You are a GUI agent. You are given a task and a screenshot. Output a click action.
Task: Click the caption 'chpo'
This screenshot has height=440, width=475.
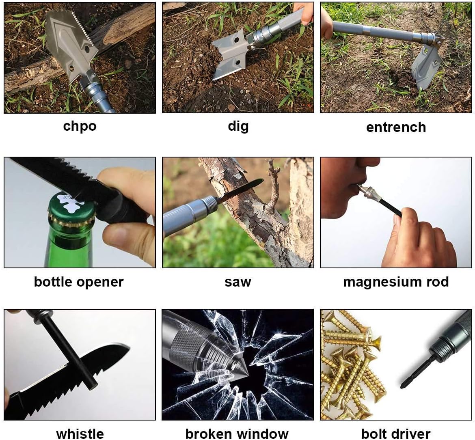pyautogui.click(x=80, y=126)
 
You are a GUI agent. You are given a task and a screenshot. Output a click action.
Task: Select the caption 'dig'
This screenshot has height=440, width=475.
pyautogui.click(x=238, y=126)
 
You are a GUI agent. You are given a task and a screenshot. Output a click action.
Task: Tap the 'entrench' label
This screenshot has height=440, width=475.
pyautogui.click(x=396, y=127)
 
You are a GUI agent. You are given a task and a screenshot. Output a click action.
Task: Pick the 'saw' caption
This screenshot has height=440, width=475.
pyautogui.click(x=238, y=282)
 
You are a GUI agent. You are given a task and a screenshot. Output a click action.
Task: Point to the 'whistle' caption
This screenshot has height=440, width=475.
pyautogui.click(x=80, y=433)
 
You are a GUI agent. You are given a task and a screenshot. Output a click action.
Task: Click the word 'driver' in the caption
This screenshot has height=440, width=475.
pyautogui.click(x=411, y=433)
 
